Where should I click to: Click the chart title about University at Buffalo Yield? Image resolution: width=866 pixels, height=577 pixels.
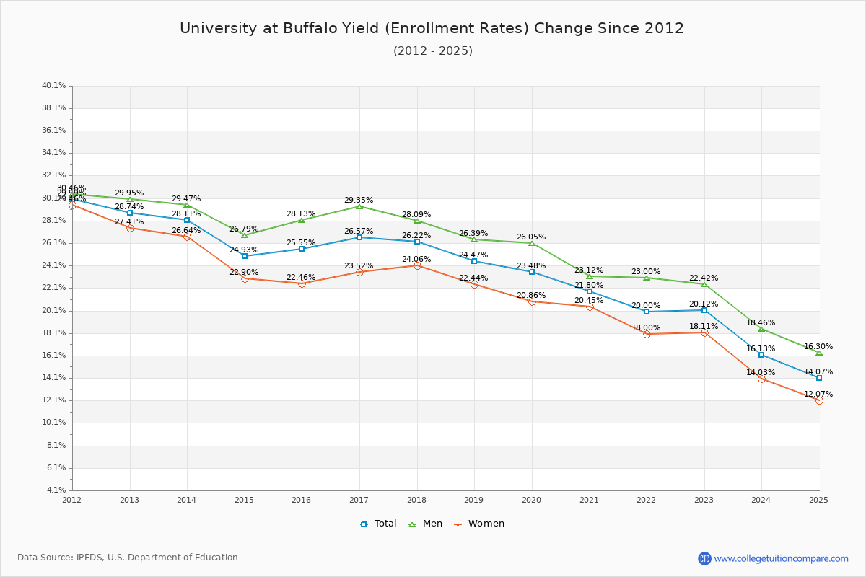click(x=432, y=28)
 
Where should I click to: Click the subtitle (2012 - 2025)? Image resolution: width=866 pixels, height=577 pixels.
click(x=432, y=50)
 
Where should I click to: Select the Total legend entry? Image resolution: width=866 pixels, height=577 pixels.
click(x=378, y=524)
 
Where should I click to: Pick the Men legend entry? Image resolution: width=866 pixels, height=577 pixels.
click(x=427, y=524)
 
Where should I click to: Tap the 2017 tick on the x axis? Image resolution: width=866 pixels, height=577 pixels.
click(x=359, y=499)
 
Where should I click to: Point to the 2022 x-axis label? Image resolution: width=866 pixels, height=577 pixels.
click(x=646, y=499)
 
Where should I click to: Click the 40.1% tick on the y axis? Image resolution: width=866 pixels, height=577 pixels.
click(x=54, y=86)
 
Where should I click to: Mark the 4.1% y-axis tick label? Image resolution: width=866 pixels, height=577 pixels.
click(x=56, y=490)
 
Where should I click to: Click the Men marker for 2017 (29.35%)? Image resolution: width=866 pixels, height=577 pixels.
click(x=359, y=206)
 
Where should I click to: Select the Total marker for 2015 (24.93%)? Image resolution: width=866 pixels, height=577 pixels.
click(x=245, y=256)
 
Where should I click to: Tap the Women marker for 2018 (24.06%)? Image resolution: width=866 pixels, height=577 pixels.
click(x=417, y=265)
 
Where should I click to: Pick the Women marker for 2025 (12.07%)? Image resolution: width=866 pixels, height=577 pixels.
click(x=819, y=400)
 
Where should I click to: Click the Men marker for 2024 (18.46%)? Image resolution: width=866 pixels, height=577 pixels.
click(x=761, y=329)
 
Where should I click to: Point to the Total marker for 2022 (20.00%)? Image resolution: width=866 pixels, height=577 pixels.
click(x=647, y=312)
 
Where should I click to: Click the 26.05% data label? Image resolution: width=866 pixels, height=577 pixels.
click(x=531, y=237)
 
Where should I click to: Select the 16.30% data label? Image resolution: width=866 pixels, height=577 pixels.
click(x=818, y=346)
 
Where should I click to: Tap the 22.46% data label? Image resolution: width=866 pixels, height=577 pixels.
click(x=301, y=277)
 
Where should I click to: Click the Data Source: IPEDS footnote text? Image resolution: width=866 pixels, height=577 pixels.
click(x=128, y=558)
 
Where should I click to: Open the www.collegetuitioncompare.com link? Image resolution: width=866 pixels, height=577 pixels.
click(x=781, y=558)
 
